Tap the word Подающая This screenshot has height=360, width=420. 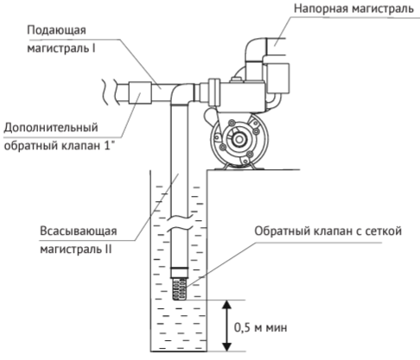click(x=56, y=30)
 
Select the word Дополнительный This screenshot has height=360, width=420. click(x=51, y=128)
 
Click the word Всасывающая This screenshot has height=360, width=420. click(x=79, y=231)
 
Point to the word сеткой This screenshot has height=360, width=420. click(x=383, y=231)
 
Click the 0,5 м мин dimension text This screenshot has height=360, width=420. click(x=260, y=327)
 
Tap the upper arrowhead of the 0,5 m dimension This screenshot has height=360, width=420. click(x=227, y=305)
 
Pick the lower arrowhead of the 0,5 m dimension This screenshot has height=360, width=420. click(x=227, y=346)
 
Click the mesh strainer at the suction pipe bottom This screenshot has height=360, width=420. click(x=179, y=289)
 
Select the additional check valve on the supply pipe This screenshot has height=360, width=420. click(x=140, y=92)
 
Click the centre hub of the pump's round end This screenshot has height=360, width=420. click(x=239, y=140)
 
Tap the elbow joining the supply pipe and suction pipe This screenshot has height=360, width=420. click(x=181, y=93)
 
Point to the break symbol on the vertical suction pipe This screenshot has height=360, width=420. click(x=179, y=223)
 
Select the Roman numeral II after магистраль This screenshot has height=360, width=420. click(x=108, y=249)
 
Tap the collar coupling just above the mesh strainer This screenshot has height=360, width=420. click(x=179, y=273)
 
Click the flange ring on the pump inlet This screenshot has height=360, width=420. click(x=214, y=92)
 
